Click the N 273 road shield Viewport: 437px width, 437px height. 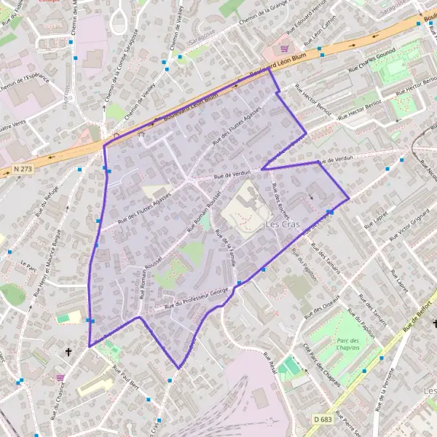click(23, 169)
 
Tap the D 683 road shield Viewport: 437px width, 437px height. click(323, 419)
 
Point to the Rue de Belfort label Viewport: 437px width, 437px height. click(420, 314)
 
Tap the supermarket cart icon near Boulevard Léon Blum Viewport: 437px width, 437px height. click(282, 48)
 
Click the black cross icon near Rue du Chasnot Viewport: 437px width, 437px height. click(69, 352)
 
